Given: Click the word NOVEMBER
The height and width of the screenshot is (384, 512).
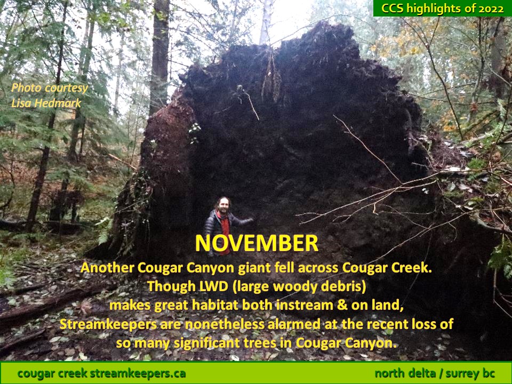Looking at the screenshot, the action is pyautogui.click(x=257, y=243).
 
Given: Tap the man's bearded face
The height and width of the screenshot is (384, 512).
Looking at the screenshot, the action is pyautogui.click(x=223, y=206).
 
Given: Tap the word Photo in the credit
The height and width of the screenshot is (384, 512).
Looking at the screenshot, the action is pyautogui.click(x=27, y=88).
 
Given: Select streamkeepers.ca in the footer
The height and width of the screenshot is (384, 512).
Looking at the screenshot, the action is pyautogui.click(x=138, y=373).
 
